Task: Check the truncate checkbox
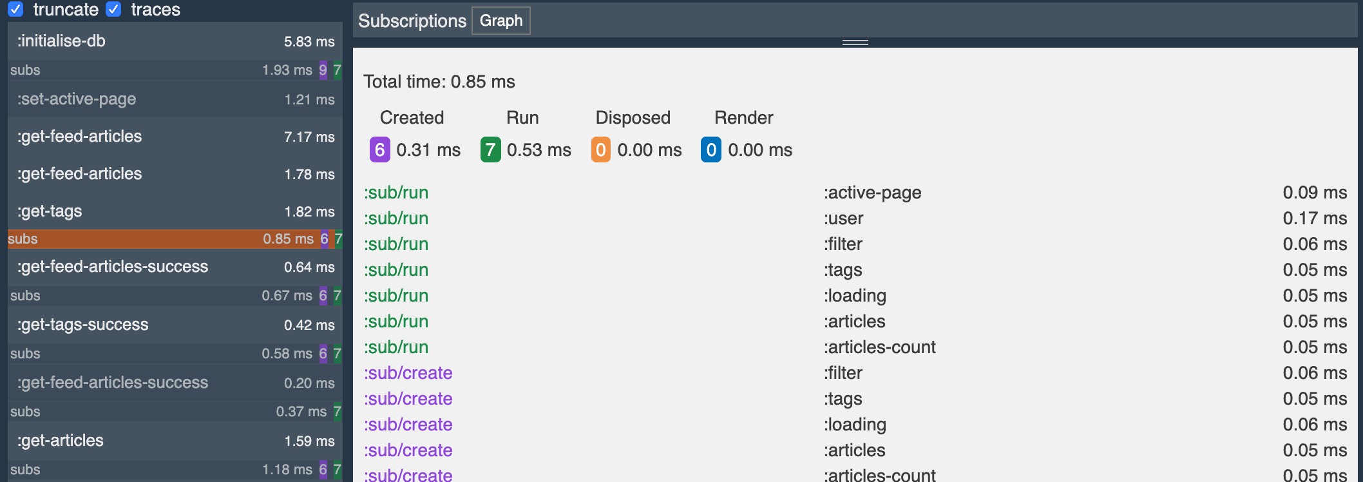click(x=15, y=9)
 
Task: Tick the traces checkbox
click(x=113, y=9)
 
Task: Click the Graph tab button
click(x=500, y=21)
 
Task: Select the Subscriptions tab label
click(x=412, y=21)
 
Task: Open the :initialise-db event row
click(x=174, y=41)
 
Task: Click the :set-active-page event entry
click(x=174, y=99)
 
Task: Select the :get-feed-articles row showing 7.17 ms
click(x=174, y=137)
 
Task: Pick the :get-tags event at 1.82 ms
click(x=174, y=211)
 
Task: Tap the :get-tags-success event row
click(x=174, y=325)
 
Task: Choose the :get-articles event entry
click(x=174, y=441)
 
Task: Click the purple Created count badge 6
click(x=379, y=150)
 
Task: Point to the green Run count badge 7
click(x=490, y=150)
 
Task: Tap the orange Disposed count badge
click(x=600, y=150)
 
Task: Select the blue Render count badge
click(x=710, y=150)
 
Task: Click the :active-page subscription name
click(x=872, y=193)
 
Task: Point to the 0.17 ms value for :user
click(x=1314, y=218)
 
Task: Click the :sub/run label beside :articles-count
click(x=396, y=347)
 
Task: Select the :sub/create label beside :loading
click(x=408, y=425)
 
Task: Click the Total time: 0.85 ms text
click(x=439, y=82)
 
